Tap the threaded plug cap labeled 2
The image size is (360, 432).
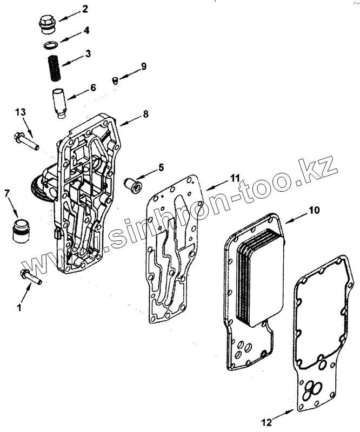click(x=46, y=24)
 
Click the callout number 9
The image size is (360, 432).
click(x=143, y=66)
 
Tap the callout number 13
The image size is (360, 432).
click(x=20, y=112)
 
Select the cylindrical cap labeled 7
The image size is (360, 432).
click(x=21, y=230)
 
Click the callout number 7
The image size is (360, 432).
click(x=8, y=193)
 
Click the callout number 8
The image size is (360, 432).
click(x=145, y=114)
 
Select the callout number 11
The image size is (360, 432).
click(x=234, y=177)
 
